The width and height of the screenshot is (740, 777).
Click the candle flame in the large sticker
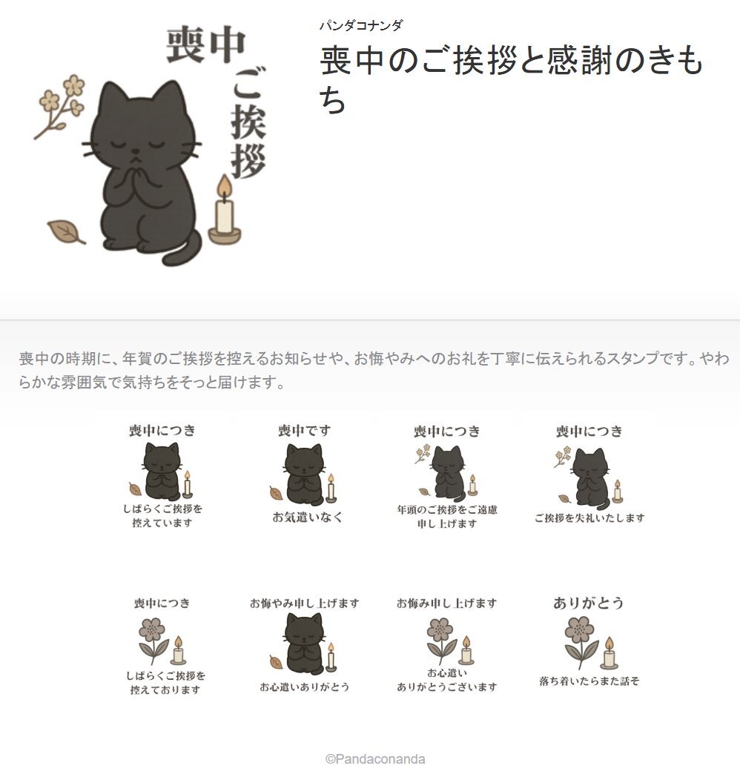(x=225, y=188)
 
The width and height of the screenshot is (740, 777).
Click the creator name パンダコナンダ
(x=361, y=26)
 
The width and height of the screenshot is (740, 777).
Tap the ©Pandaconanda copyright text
(x=375, y=759)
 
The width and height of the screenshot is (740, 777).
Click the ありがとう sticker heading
(x=588, y=603)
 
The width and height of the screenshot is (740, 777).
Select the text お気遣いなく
(x=307, y=517)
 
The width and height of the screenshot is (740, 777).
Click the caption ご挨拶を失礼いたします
(x=589, y=518)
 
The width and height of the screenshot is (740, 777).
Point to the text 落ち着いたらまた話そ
(x=589, y=681)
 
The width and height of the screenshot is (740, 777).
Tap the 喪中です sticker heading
(x=304, y=430)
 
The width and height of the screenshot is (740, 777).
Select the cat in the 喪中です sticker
(x=303, y=472)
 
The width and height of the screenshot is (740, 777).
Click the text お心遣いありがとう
(x=305, y=687)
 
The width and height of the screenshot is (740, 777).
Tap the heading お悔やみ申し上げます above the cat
(x=304, y=603)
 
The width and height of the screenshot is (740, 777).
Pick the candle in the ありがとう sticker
(x=609, y=652)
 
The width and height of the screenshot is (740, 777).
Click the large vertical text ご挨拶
(x=248, y=122)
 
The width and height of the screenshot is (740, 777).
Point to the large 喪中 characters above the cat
(x=206, y=45)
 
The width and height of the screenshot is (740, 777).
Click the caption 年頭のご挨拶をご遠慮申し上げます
(x=447, y=516)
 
